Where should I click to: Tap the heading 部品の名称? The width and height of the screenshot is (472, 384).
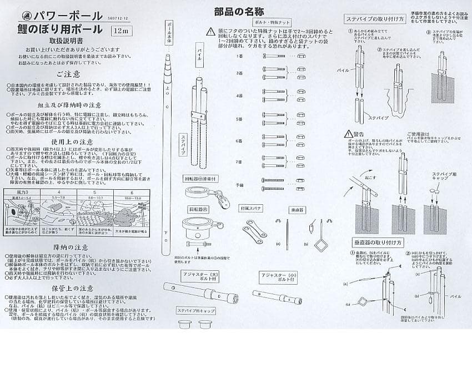pos(239,12)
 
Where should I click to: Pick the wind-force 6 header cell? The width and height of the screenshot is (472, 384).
pos(132,191)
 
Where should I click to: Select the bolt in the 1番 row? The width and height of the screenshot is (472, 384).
pos(274,56)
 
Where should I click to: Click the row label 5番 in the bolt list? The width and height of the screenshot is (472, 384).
pos(239,119)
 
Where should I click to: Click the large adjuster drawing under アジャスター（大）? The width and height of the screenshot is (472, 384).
pos(200,292)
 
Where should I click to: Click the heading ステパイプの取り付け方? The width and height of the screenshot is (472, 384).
pos(370,18)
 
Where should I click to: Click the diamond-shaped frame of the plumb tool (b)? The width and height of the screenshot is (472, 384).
pos(321,244)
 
